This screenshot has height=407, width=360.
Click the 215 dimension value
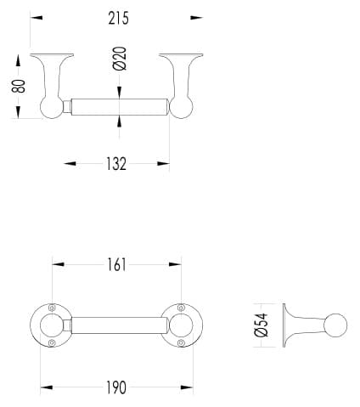118,18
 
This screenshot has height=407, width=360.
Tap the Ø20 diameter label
120,59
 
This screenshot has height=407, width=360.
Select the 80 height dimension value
19,86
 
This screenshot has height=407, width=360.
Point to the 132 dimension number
116,164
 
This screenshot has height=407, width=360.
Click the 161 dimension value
116,265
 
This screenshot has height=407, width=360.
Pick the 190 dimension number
116,387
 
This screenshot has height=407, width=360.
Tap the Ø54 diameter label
261,325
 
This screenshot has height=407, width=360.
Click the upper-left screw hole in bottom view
52,308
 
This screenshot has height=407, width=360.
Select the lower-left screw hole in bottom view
52,342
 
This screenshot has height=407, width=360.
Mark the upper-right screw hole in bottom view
181,308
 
